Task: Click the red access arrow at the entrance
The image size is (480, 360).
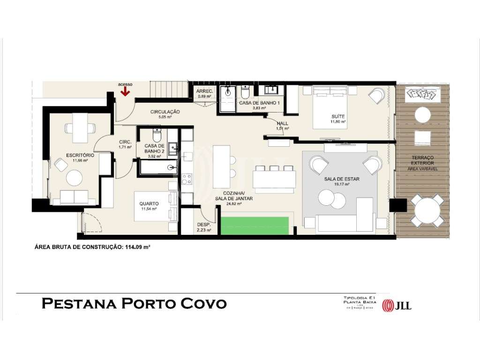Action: pos(125,91)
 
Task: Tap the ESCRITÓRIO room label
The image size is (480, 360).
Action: pos(81,155)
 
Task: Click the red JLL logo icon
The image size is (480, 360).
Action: pos(389,306)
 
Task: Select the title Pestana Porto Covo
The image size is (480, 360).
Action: pos(134,304)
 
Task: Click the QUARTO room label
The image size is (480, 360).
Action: pos(149,204)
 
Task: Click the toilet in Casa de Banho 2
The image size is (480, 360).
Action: pos(158,135)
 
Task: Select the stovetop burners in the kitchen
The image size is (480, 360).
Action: pos(187,179)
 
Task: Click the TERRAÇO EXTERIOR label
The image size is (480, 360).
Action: pos(423,160)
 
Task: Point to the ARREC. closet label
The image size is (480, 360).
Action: pos(205,91)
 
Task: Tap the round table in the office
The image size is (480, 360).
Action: pos(74,178)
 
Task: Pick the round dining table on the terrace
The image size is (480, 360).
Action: pos(427,210)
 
